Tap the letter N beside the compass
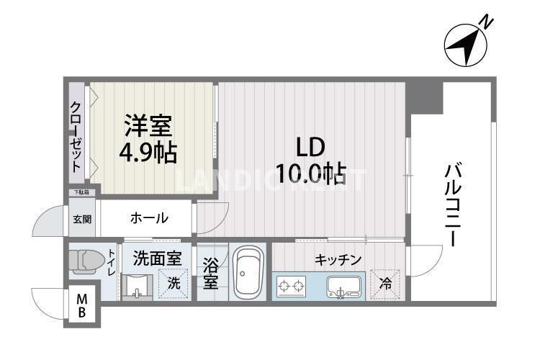[487, 22]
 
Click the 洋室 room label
[148, 127]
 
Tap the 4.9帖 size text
[148, 153]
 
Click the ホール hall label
[149, 217]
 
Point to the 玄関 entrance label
[81, 219]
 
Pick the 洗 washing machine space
[174, 283]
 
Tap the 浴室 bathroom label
[210, 273]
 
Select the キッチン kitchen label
[338, 259]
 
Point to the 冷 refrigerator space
[385, 284]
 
